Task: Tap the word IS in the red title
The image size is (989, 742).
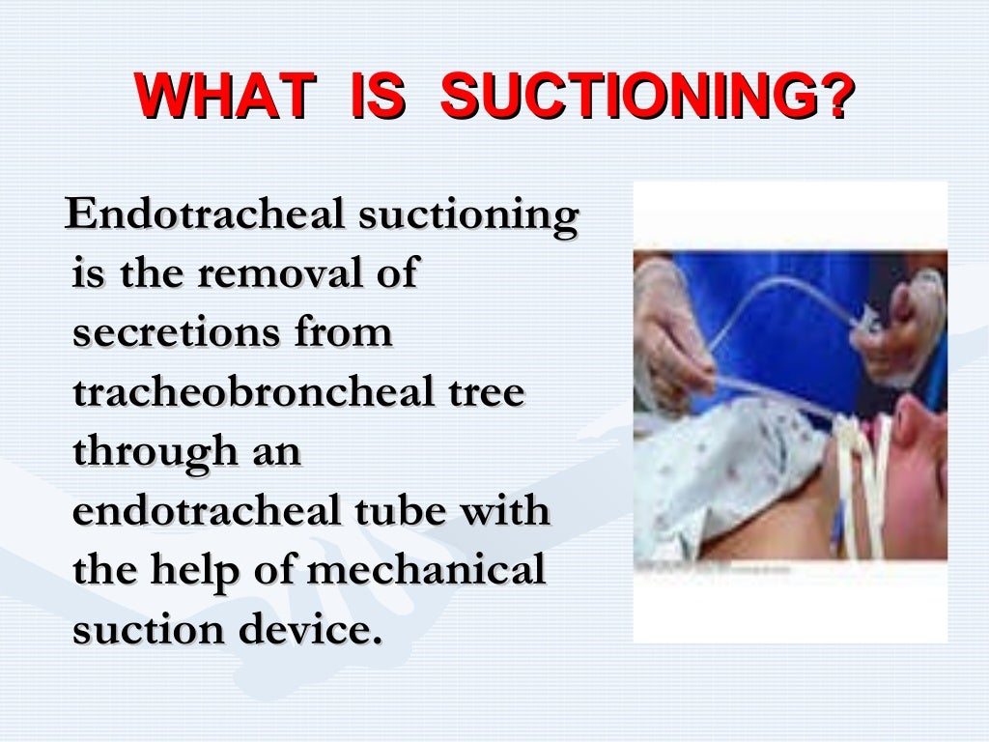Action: (373, 98)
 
